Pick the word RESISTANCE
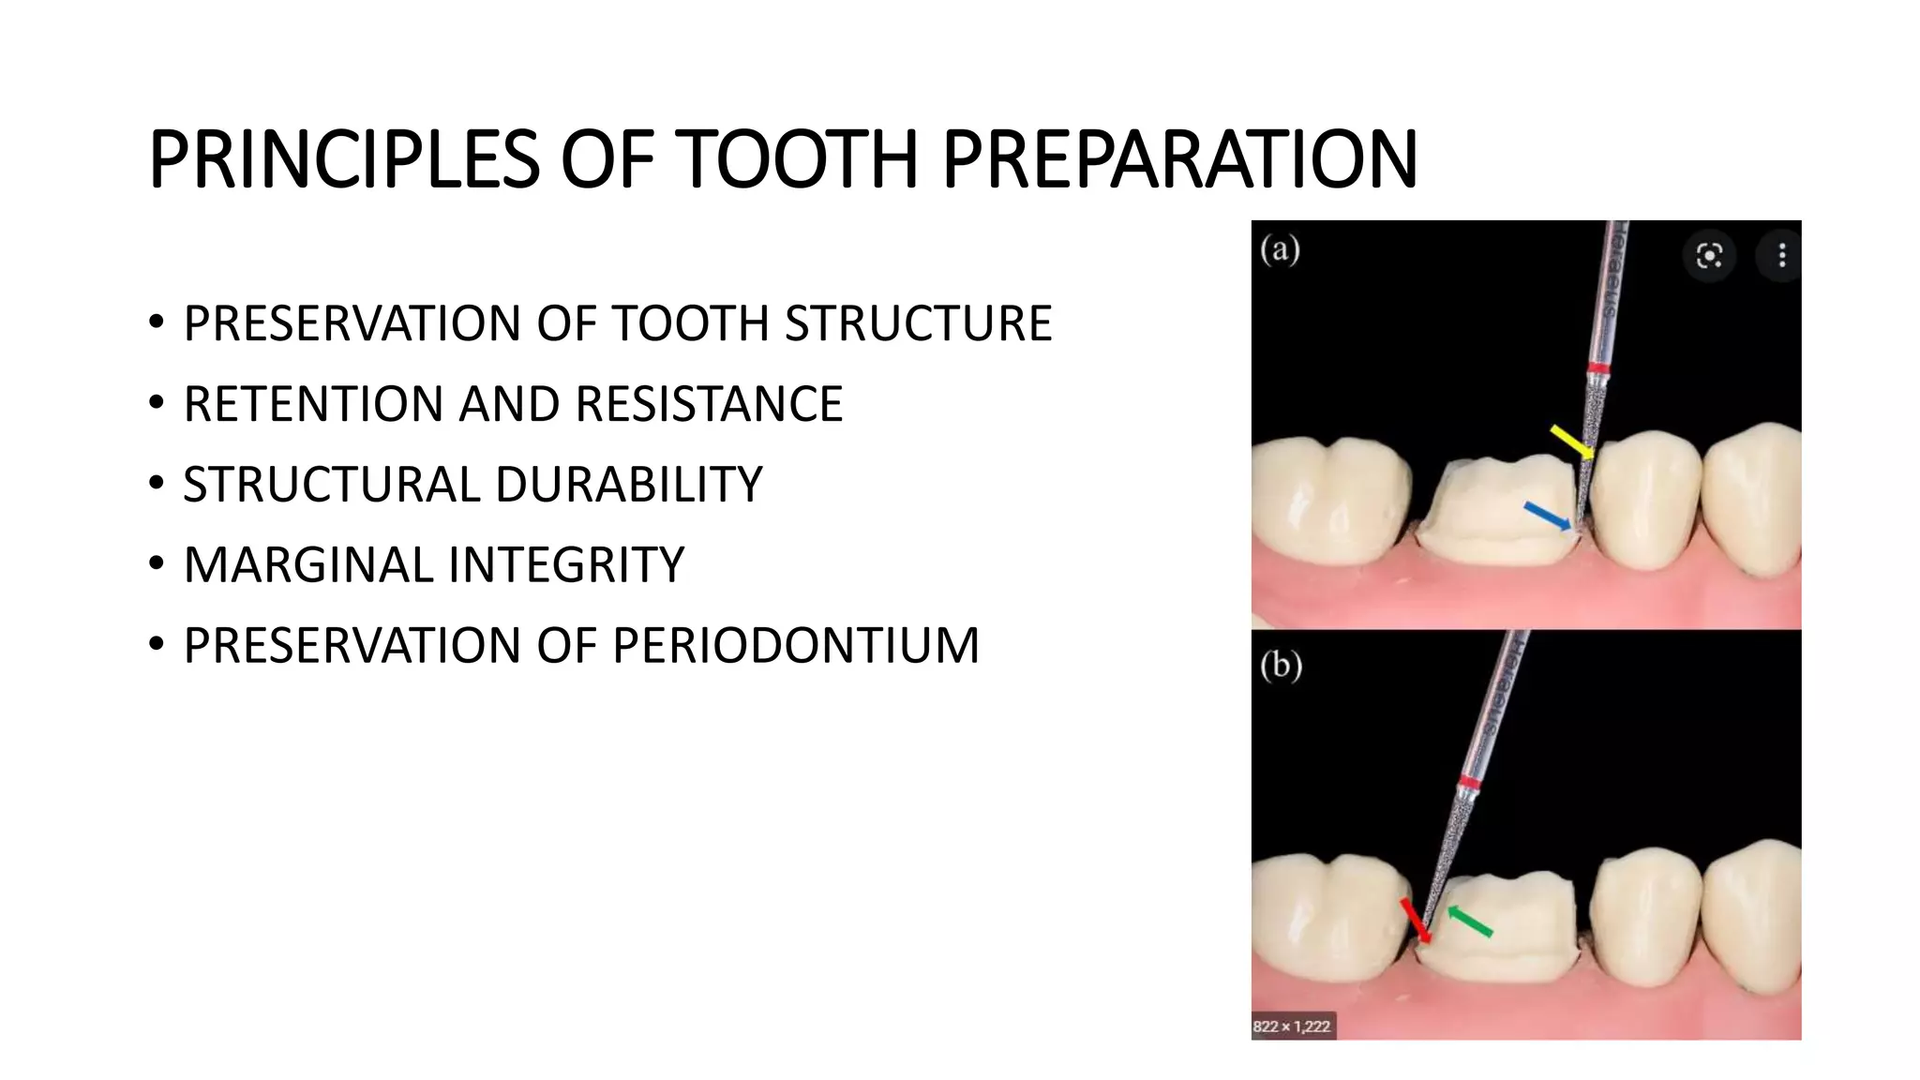pos(709,404)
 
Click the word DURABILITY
pos(629,485)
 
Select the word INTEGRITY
pos(566,564)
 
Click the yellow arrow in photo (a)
pos(1571,442)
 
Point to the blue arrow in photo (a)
pos(1547,516)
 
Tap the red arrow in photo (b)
pos(1416,920)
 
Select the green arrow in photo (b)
pos(1470,921)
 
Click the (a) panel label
pos(1280,250)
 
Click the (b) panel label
pos(1281,666)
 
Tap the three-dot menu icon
pos(1781,255)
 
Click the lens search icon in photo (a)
pos(1709,255)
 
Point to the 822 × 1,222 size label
pos(1291,1026)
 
